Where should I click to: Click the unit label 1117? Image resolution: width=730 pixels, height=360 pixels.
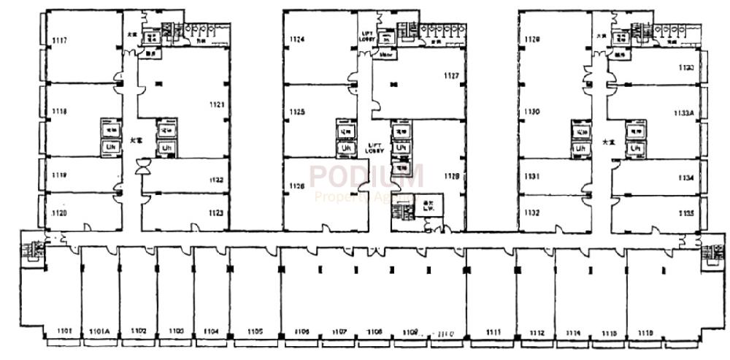60,41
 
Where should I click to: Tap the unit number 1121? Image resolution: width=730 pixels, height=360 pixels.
217,105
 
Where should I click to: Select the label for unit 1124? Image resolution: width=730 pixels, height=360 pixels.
296,39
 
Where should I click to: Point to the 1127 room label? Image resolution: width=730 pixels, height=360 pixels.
450,76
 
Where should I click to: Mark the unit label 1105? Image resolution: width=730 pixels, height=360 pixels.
255,332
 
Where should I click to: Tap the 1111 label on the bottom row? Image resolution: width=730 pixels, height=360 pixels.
493,332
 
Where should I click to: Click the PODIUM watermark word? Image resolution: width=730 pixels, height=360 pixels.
365,177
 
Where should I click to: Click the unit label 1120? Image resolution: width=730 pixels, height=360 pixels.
60,212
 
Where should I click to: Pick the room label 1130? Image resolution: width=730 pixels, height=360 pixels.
531,112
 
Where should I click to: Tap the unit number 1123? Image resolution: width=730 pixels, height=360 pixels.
215,213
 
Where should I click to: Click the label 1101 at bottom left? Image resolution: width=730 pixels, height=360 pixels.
63,332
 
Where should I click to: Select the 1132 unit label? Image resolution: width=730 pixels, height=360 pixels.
531,212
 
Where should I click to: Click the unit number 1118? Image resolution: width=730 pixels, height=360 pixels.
60,112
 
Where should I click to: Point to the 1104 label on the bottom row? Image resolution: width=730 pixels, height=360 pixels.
212,332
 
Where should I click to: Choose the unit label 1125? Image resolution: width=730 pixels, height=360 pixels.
296,112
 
